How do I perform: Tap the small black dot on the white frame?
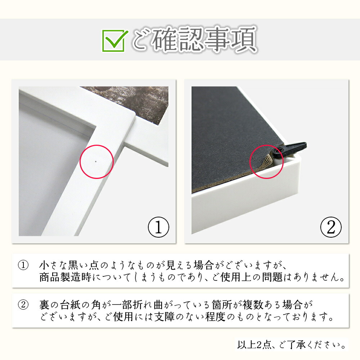[x=96, y=161]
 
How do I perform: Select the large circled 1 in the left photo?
[x=158, y=227]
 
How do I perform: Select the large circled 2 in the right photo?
[x=331, y=227]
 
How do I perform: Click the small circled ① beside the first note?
[x=23, y=265]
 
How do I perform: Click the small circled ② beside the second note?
[x=23, y=305]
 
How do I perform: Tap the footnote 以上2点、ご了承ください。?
[x=292, y=345]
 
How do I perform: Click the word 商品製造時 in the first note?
[x=66, y=277]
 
